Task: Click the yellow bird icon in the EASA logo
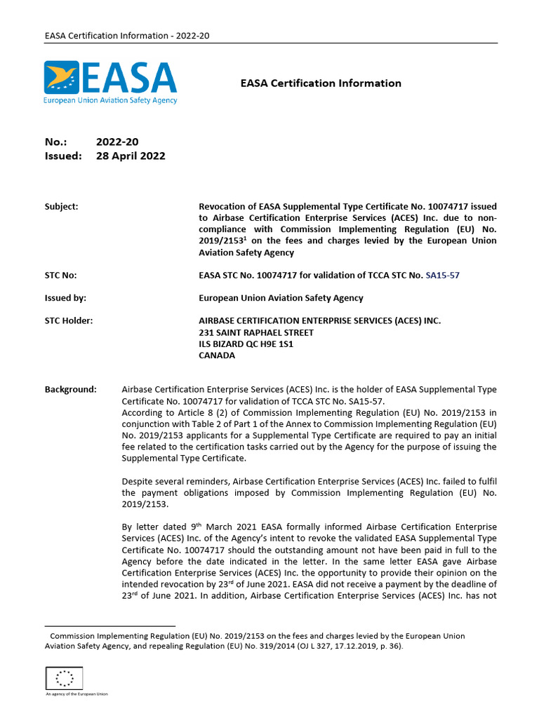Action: pos(61,78)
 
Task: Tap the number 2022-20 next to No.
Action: pos(112,142)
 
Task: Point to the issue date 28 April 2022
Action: pos(131,156)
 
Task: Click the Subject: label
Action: pos(62,207)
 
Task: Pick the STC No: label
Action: pos(61,275)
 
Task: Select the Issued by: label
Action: pos(65,298)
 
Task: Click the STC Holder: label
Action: pos(69,321)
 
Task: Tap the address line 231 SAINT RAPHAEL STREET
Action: pos(256,332)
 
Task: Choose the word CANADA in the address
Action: pos(217,355)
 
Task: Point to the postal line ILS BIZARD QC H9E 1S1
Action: pos(246,344)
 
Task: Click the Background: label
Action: pos(70,389)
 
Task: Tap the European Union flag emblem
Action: pos(64,677)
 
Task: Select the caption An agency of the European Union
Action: pos(76,694)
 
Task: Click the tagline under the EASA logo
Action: pos(110,100)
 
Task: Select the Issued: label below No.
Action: pos(63,156)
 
